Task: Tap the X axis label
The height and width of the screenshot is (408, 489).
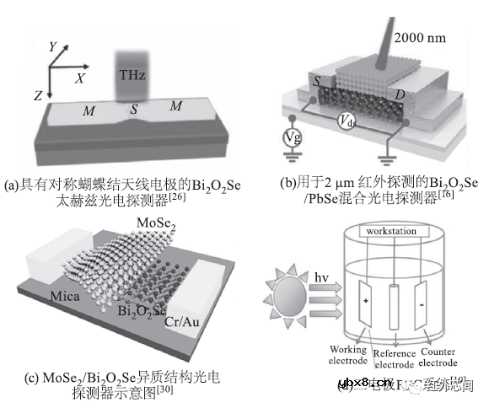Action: (80, 77)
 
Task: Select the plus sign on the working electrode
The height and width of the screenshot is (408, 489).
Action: (364, 299)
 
